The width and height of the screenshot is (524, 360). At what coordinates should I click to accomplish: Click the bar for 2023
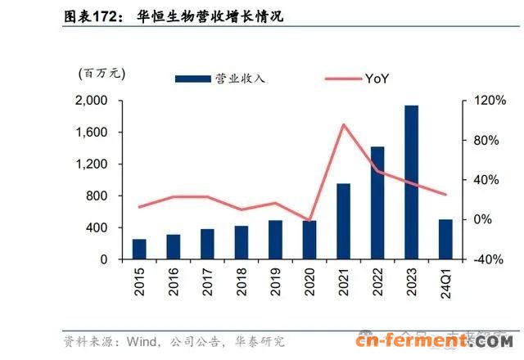coord(411,182)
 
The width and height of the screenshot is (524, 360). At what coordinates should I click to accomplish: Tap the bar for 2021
coord(343,221)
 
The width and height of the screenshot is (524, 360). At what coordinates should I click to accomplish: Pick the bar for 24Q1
coord(445,239)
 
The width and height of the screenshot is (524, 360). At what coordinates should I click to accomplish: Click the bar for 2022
coord(377,203)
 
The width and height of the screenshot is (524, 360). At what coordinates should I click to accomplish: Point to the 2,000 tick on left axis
coord(92,101)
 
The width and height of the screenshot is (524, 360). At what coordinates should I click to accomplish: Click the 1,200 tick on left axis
coord(92,164)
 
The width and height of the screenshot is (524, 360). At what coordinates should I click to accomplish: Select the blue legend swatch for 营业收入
coord(192,79)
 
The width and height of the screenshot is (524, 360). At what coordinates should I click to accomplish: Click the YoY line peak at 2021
coord(343,124)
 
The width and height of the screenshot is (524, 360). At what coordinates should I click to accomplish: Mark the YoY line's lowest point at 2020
coord(309,220)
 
